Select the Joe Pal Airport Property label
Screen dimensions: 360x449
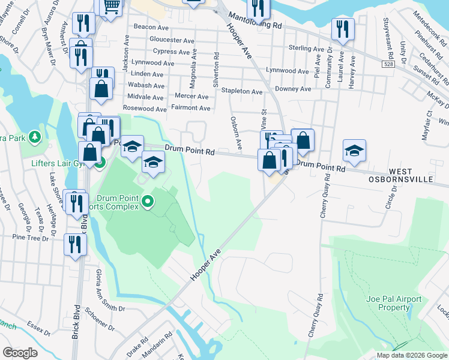tap(394, 303)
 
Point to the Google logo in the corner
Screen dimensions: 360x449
tap(20, 353)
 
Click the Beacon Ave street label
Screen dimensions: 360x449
tap(151, 28)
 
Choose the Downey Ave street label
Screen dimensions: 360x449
tap(293, 89)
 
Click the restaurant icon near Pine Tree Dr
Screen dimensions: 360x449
tap(75, 244)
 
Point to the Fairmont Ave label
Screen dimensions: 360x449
tap(190, 108)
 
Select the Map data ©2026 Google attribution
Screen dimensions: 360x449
tap(412, 355)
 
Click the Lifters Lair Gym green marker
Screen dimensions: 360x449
tap(100, 162)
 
